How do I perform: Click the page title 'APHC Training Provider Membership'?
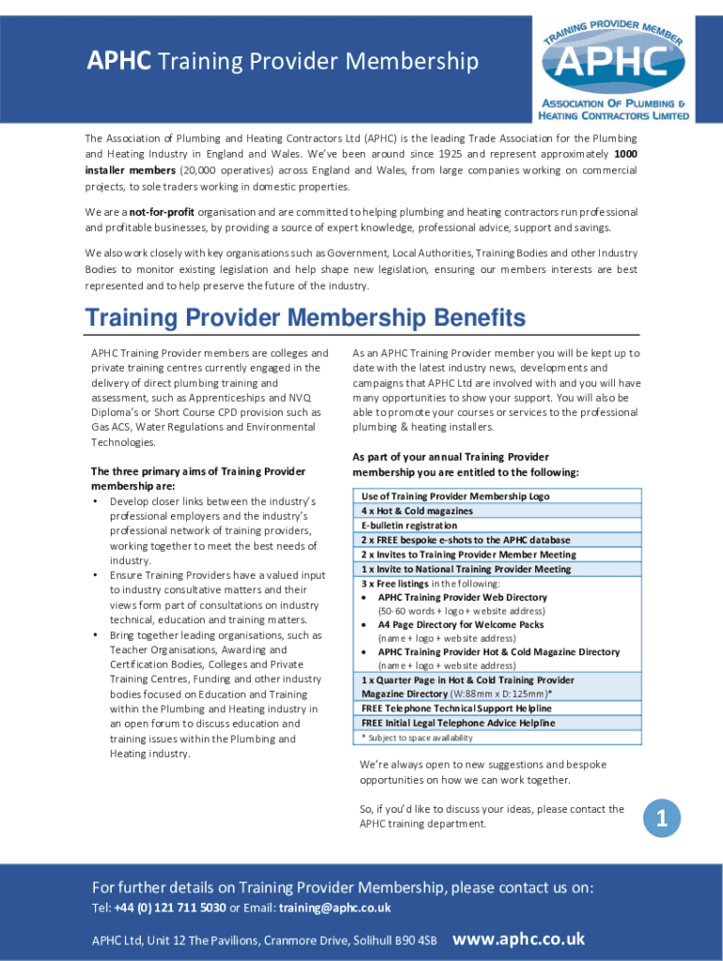[x=283, y=62]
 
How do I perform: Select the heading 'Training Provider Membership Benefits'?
[x=305, y=318]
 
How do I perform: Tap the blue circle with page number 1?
[x=660, y=819]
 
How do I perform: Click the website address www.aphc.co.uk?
[x=518, y=938]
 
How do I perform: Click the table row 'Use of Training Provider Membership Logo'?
[x=455, y=496]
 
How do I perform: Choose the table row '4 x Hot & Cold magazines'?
[x=417, y=511]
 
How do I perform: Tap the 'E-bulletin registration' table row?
[x=409, y=526]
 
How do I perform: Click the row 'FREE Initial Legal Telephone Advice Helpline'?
[x=458, y=723]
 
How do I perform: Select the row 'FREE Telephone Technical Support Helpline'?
[x=456, y=709]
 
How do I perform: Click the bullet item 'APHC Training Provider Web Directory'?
[x=462, y=597]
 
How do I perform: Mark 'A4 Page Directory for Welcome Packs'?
[x=460, y=624]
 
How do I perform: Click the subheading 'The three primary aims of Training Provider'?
[x=197, y=471]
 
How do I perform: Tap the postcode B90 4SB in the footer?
[x=416, y=940]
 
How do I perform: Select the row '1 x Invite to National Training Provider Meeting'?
[x=466, y=569]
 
